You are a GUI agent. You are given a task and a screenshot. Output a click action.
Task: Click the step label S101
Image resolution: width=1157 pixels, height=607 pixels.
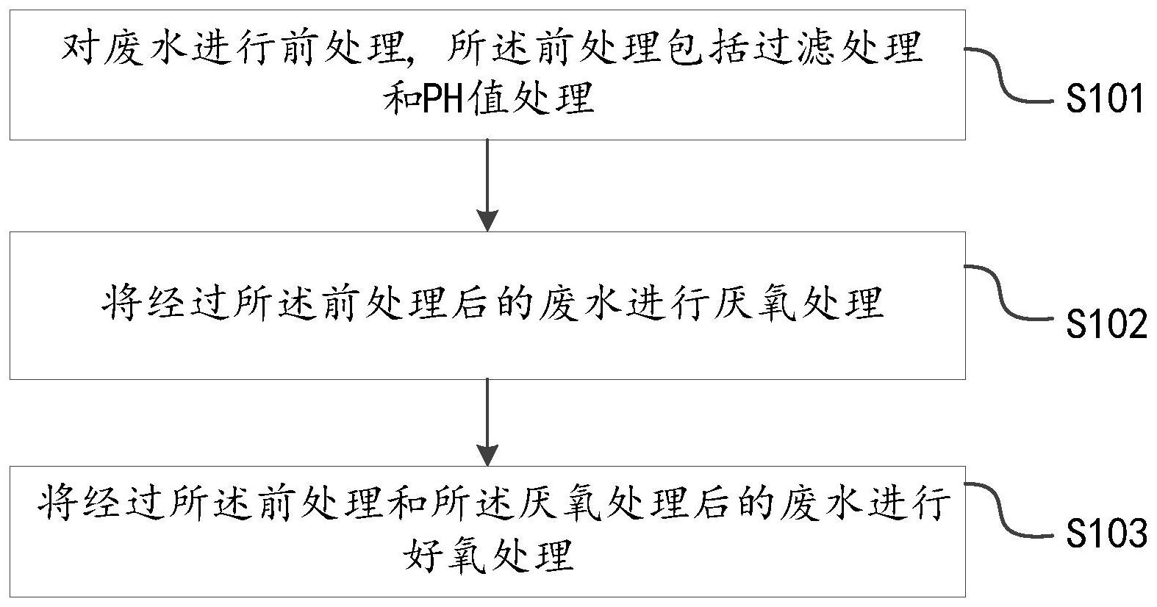[x=1105, y=99]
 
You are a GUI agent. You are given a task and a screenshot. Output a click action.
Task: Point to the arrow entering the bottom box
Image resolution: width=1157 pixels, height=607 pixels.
[x=487, y=423]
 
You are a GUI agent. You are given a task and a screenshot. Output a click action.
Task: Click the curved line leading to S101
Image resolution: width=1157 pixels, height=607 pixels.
[x=1009, y=75]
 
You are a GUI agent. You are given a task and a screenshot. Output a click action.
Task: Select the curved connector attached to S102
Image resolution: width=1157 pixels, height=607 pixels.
[x=1009, y=292]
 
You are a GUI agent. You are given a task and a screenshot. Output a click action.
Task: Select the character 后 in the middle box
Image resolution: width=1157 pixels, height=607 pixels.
[x=470, y=304]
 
